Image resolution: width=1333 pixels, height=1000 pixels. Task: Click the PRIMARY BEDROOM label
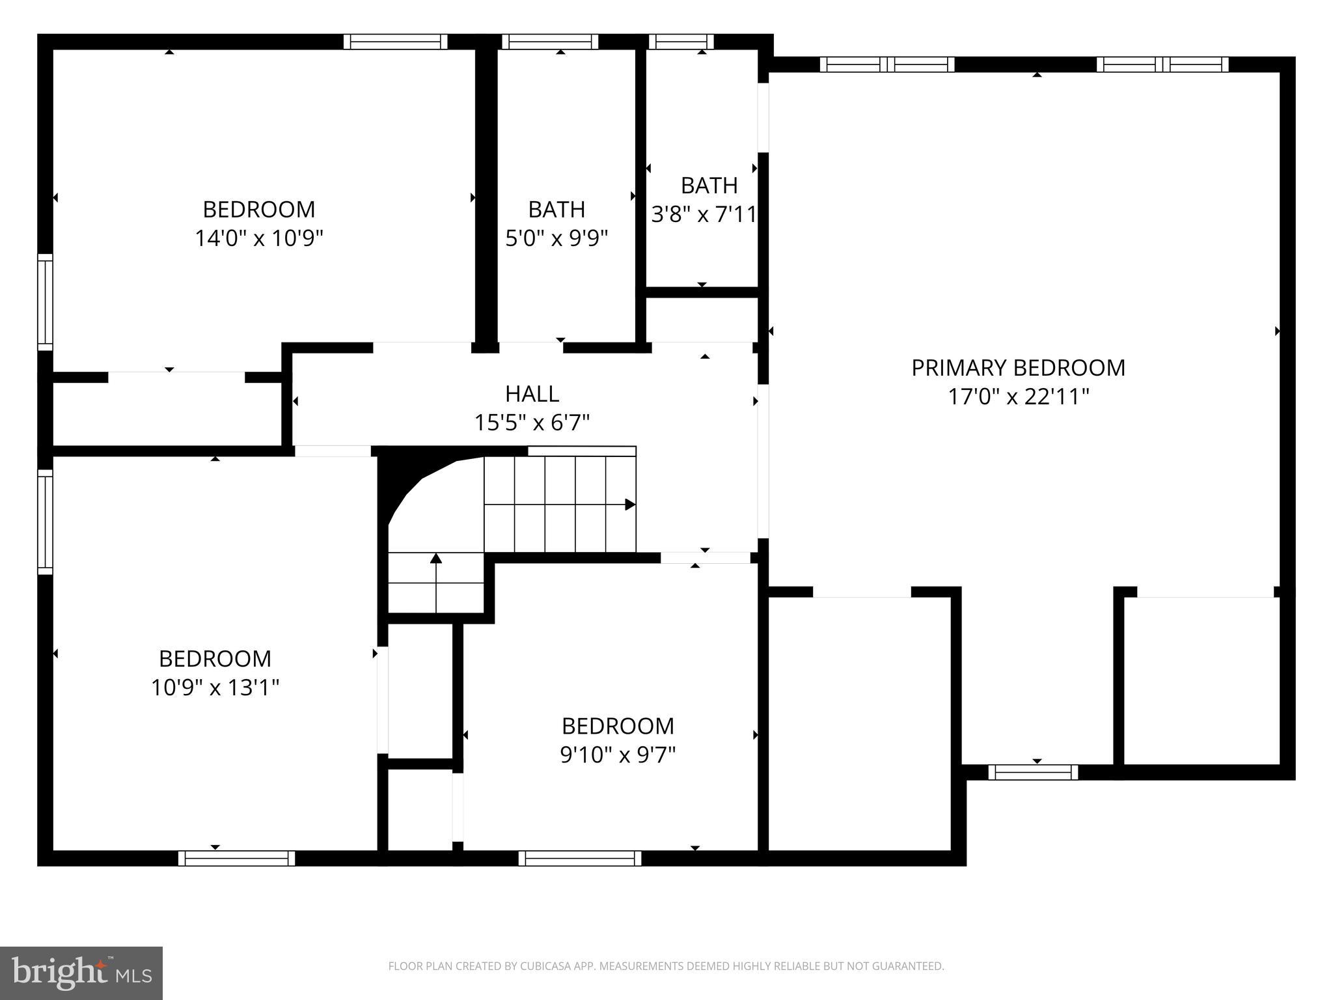point(1018,368)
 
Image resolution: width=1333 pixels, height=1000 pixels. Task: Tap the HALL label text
point(532,394)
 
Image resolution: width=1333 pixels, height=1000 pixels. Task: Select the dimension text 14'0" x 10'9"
point(259,238)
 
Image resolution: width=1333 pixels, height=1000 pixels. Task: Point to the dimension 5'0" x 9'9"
point(557,238)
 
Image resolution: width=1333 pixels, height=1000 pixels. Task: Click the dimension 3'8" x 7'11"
point(704,214)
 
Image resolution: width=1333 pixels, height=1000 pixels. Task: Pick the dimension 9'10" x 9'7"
point(618,755)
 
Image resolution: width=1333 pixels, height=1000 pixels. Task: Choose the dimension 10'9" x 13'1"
point(215,687)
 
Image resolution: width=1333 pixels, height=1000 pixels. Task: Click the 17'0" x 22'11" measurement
point(1018,396)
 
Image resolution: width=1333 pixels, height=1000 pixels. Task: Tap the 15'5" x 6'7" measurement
point(532,423)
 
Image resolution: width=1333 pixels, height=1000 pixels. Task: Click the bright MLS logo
point(81,973)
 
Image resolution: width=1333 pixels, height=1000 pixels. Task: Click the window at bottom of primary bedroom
point(1033,772)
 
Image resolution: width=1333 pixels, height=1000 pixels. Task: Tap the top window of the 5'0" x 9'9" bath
point(550,42)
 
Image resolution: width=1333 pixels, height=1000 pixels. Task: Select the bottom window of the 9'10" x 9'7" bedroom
point(580,858)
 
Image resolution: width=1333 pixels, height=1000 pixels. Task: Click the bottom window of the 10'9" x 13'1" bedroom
point(237,858)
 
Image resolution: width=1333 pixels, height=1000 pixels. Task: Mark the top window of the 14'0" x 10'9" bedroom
point(395,42)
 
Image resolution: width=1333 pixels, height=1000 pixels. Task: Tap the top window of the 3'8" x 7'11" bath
point(681,42)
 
